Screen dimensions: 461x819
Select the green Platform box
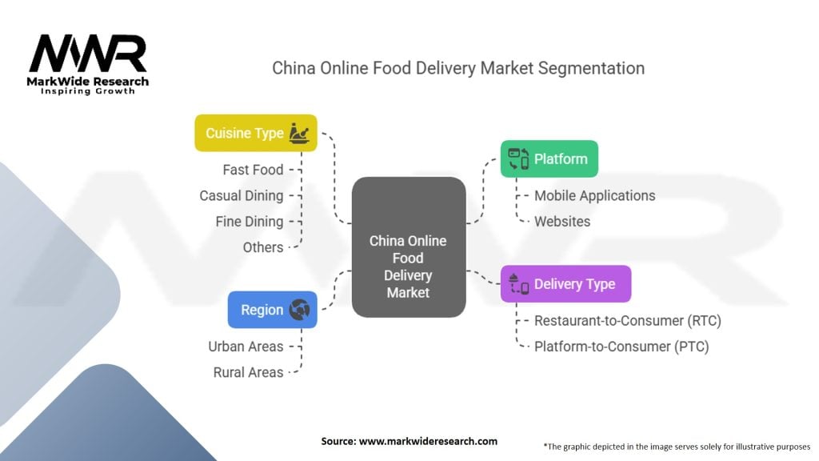pos(549,158)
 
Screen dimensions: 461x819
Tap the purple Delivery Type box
pos(565,284)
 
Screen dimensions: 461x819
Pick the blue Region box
pos(272,310)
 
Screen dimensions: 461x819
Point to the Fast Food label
pos(253,170)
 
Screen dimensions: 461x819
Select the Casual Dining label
pos(242,195)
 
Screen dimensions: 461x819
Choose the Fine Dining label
pos(250,221)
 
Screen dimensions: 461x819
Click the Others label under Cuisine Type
pos(263,247)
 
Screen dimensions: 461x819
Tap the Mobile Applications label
pos(594,195)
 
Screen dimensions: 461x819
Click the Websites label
pos(562,221)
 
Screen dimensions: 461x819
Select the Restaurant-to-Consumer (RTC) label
pos(627,321)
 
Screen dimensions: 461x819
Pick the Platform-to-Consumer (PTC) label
pos(621,347)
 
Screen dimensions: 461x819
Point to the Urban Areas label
pos(246,347)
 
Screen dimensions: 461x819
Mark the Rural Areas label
pos(248,372)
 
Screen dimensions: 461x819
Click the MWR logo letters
pos(88,55)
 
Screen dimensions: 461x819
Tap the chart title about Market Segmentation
pos(458,68)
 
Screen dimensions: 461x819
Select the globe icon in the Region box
pos(300,310)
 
